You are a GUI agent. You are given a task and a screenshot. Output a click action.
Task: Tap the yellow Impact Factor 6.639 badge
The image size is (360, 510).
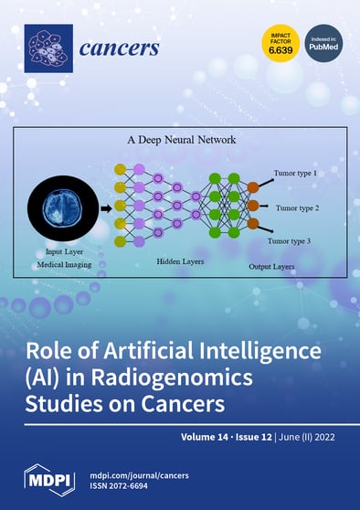[x=280, y=43]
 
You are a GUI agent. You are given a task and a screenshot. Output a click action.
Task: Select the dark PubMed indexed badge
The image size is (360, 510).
[x=323, y=43]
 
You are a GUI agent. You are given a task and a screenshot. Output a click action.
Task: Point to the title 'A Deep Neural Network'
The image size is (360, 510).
[x=182, y=142]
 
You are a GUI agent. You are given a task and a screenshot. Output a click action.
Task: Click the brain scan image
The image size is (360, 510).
[x=66, y=197]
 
